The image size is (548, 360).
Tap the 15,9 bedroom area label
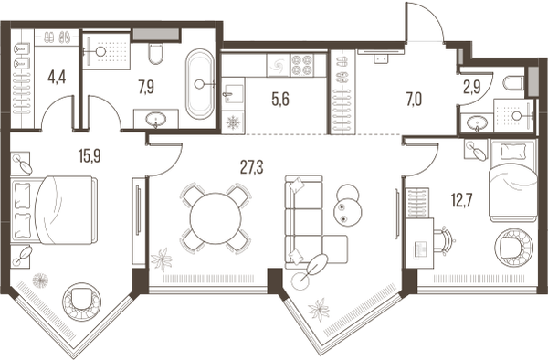point(90,155)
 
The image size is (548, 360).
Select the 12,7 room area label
point(462,200)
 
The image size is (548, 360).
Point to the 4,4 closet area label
point(57,78)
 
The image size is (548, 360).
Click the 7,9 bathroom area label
point(146,87)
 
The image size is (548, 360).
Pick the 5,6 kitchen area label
point(280,100)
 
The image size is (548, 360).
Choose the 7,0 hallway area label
point(414,100)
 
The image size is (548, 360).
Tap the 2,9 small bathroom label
point(472,88)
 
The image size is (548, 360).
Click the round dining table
point(216,218)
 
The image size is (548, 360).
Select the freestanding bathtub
point(199,84)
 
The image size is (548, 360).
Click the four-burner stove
point(302,65)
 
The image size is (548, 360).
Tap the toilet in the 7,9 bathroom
point(155,53)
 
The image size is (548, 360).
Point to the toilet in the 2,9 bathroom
point(513,83)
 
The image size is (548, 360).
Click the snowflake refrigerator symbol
point(233,122)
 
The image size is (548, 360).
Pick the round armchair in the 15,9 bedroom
point(82,301)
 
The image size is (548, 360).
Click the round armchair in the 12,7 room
point(513,247)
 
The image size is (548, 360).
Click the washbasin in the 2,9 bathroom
point(477,123)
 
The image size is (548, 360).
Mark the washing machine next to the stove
point(279,65)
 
